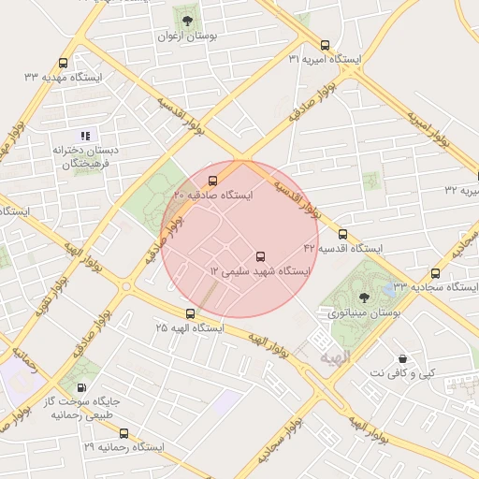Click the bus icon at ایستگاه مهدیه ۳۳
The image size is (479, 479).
tap(63, 64)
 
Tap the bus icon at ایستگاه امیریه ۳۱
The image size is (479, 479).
tap(325, 45)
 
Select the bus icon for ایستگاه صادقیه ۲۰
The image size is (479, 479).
tap(212, 181)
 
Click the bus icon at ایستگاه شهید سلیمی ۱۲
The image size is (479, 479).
tap(260, 256)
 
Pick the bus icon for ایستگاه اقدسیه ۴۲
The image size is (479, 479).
tap(341, 234)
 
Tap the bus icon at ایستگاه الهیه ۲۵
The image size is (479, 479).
tap(191, 313)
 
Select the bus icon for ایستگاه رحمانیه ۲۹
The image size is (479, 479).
tap(123, 433)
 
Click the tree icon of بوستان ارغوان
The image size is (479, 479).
tap(187, 20)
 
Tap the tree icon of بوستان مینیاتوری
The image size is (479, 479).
tap(364, 297)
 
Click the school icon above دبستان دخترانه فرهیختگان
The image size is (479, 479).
tap(86, 136)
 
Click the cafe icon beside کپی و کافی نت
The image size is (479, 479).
tap(402, 358)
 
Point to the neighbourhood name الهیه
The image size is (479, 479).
tap(334, 357)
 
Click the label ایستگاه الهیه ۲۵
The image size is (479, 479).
tap(190, 328)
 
